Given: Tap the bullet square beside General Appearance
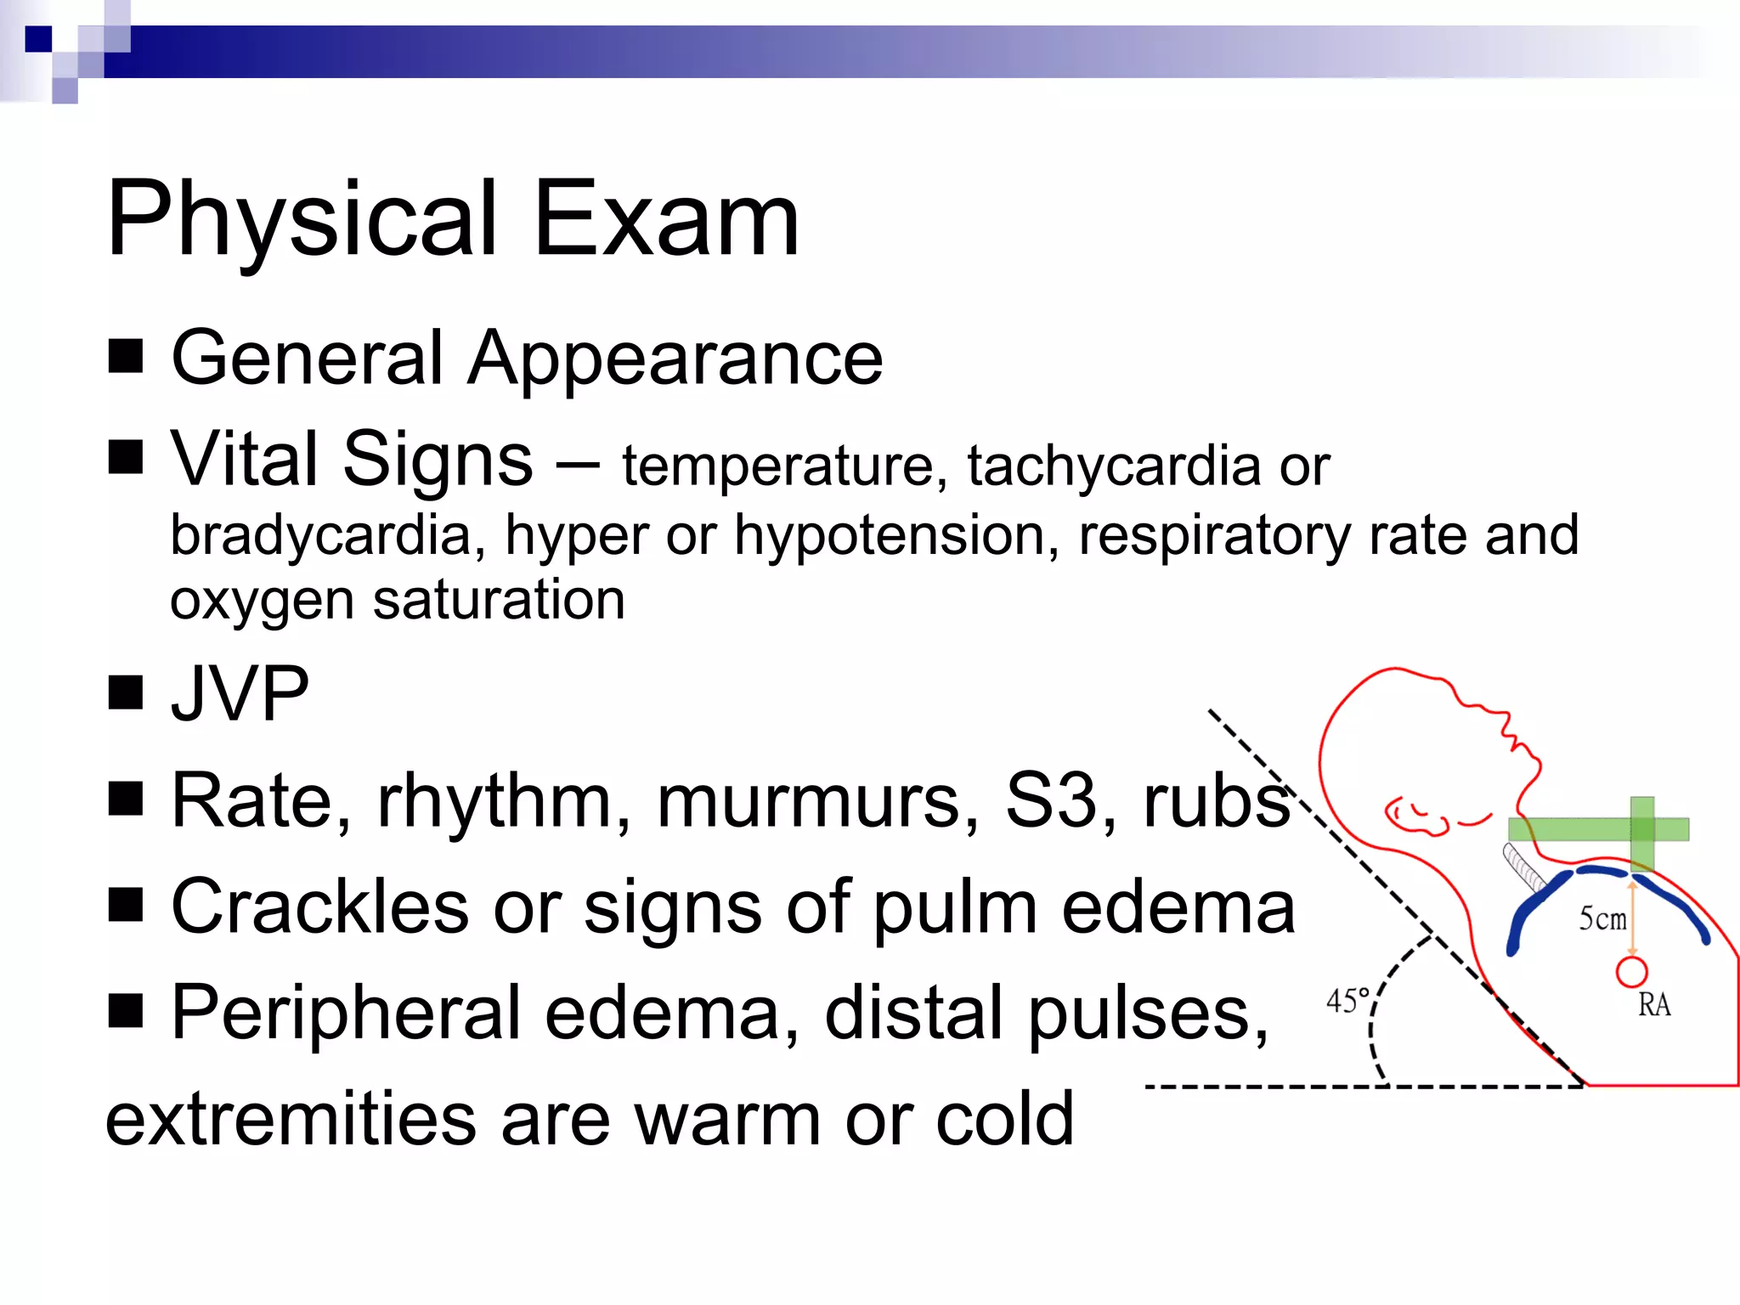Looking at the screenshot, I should [126, 357].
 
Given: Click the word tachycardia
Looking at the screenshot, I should [1114, 467].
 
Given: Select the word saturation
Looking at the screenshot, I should [499, 600].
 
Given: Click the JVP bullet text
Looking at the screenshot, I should [240, 694].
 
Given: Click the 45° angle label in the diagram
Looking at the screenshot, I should [1348, 1001].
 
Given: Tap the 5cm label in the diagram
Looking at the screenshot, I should [1602, 918].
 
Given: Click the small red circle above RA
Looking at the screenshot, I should [1631, 972].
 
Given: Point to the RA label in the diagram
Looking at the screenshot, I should [1654, 1005].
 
